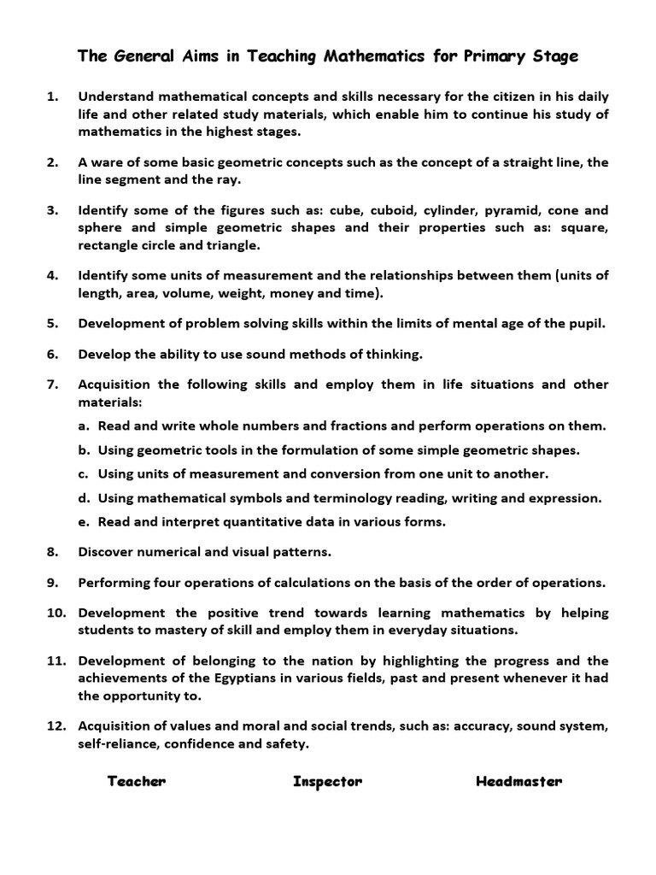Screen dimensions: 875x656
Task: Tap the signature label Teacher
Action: (x=137, y=781)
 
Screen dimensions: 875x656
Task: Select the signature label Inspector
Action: (x=327, y=781)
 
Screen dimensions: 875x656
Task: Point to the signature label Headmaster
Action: (x=518, y=781)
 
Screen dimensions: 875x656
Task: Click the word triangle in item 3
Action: (x=231, y=245)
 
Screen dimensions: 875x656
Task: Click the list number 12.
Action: (x=56, y=726)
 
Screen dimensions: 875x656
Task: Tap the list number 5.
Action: (x=53, y=323)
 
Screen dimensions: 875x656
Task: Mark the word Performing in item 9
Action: (x=113, y=583)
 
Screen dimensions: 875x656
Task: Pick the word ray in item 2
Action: (x=231, y=179)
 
